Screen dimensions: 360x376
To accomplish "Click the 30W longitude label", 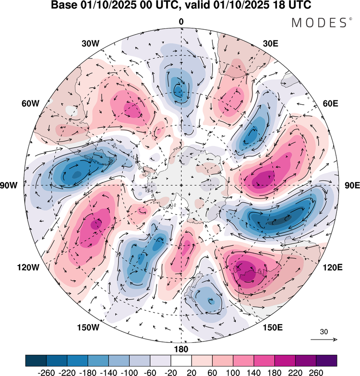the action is coord(90,44).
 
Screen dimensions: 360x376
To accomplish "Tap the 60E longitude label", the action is coord(331,104).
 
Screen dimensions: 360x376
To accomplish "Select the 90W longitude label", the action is coord(9,185).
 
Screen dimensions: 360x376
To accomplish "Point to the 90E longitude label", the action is coord(352,185).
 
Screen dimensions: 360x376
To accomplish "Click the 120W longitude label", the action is coord(28,267).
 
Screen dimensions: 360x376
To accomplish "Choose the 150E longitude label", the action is coord(273,327).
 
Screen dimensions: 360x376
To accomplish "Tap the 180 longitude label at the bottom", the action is coord(181,349).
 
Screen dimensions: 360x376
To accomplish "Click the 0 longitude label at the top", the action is coord(181,22).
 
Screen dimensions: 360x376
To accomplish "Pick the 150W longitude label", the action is coord(88,327).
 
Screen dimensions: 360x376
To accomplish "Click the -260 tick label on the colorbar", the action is coord(46,373).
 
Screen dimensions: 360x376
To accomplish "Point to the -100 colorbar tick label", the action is coord(130,373).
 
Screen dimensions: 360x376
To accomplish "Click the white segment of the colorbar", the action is coord(181,361).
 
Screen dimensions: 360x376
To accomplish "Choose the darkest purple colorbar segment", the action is coord(326,361).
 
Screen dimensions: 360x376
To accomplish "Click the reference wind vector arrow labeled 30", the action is coord(324,340).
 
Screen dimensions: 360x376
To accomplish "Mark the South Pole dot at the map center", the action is coord(181,185).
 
